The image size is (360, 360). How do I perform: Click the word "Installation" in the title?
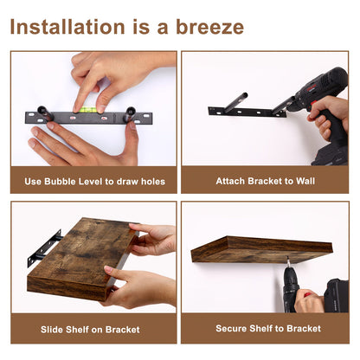click(x=67, y=27)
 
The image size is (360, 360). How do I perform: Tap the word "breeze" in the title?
click(x=209, y=27)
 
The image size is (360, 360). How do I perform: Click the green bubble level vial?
click(x=86, y=110)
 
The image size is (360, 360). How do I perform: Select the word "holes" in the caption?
click(x=153, y=182)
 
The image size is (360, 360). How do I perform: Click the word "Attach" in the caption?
click(x=230, y=181)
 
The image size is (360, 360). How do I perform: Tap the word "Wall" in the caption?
click(x=305, y=181)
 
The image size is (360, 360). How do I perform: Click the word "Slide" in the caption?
click(x=52, y=330)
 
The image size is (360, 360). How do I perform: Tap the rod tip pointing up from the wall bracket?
click(x=244, y=95)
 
